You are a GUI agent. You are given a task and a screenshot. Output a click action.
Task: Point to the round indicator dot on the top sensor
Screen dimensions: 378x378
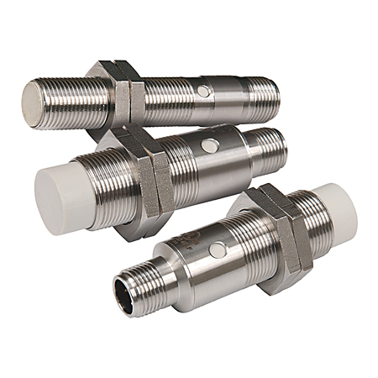coord(203,91)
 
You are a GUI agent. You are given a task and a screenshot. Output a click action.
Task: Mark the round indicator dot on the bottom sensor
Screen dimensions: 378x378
coord(216,249)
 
